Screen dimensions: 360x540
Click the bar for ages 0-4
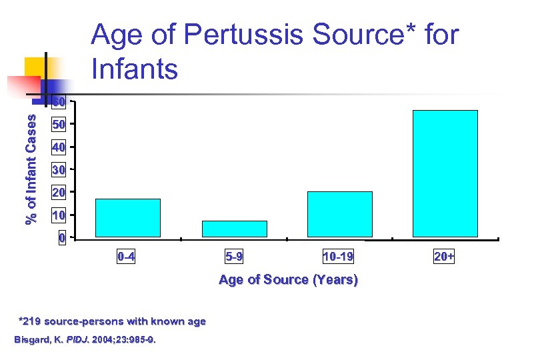click(128, 218)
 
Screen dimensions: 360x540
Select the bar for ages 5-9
click(234, 229)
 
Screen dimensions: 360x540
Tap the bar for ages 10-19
click(340, 214)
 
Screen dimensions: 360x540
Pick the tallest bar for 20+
click(445, 173)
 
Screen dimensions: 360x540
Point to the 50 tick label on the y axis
click(59, 125)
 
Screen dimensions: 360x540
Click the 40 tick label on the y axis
click(59, 147)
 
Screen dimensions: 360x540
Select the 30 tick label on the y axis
click(59, 170)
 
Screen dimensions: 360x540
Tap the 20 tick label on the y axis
click(59, 193)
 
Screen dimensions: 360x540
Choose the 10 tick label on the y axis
click(59, 215)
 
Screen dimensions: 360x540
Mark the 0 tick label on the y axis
click(61, 238)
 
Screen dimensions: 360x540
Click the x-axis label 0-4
click(126, 256)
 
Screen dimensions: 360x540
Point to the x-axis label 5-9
click(234, 256)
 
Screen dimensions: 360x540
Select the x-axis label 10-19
click(338, 256)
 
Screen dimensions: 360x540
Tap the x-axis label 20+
click(444, 256)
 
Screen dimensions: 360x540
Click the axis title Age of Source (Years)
click(288, 280)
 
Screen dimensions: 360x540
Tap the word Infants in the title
click(135, 68)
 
